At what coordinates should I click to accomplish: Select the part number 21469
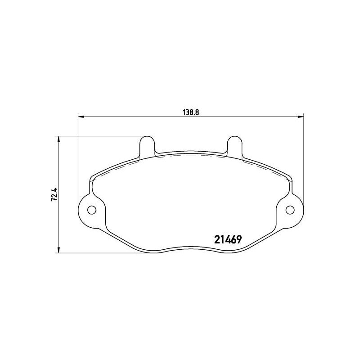pos(227,240)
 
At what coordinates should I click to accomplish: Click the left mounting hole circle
pos(91,210)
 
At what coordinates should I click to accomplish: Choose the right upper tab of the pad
pos(234,145)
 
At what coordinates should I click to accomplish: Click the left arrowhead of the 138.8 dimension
pos(81,117)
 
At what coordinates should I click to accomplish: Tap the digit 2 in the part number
pos(215,240)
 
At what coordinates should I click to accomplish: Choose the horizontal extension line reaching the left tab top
pos(99,135)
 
